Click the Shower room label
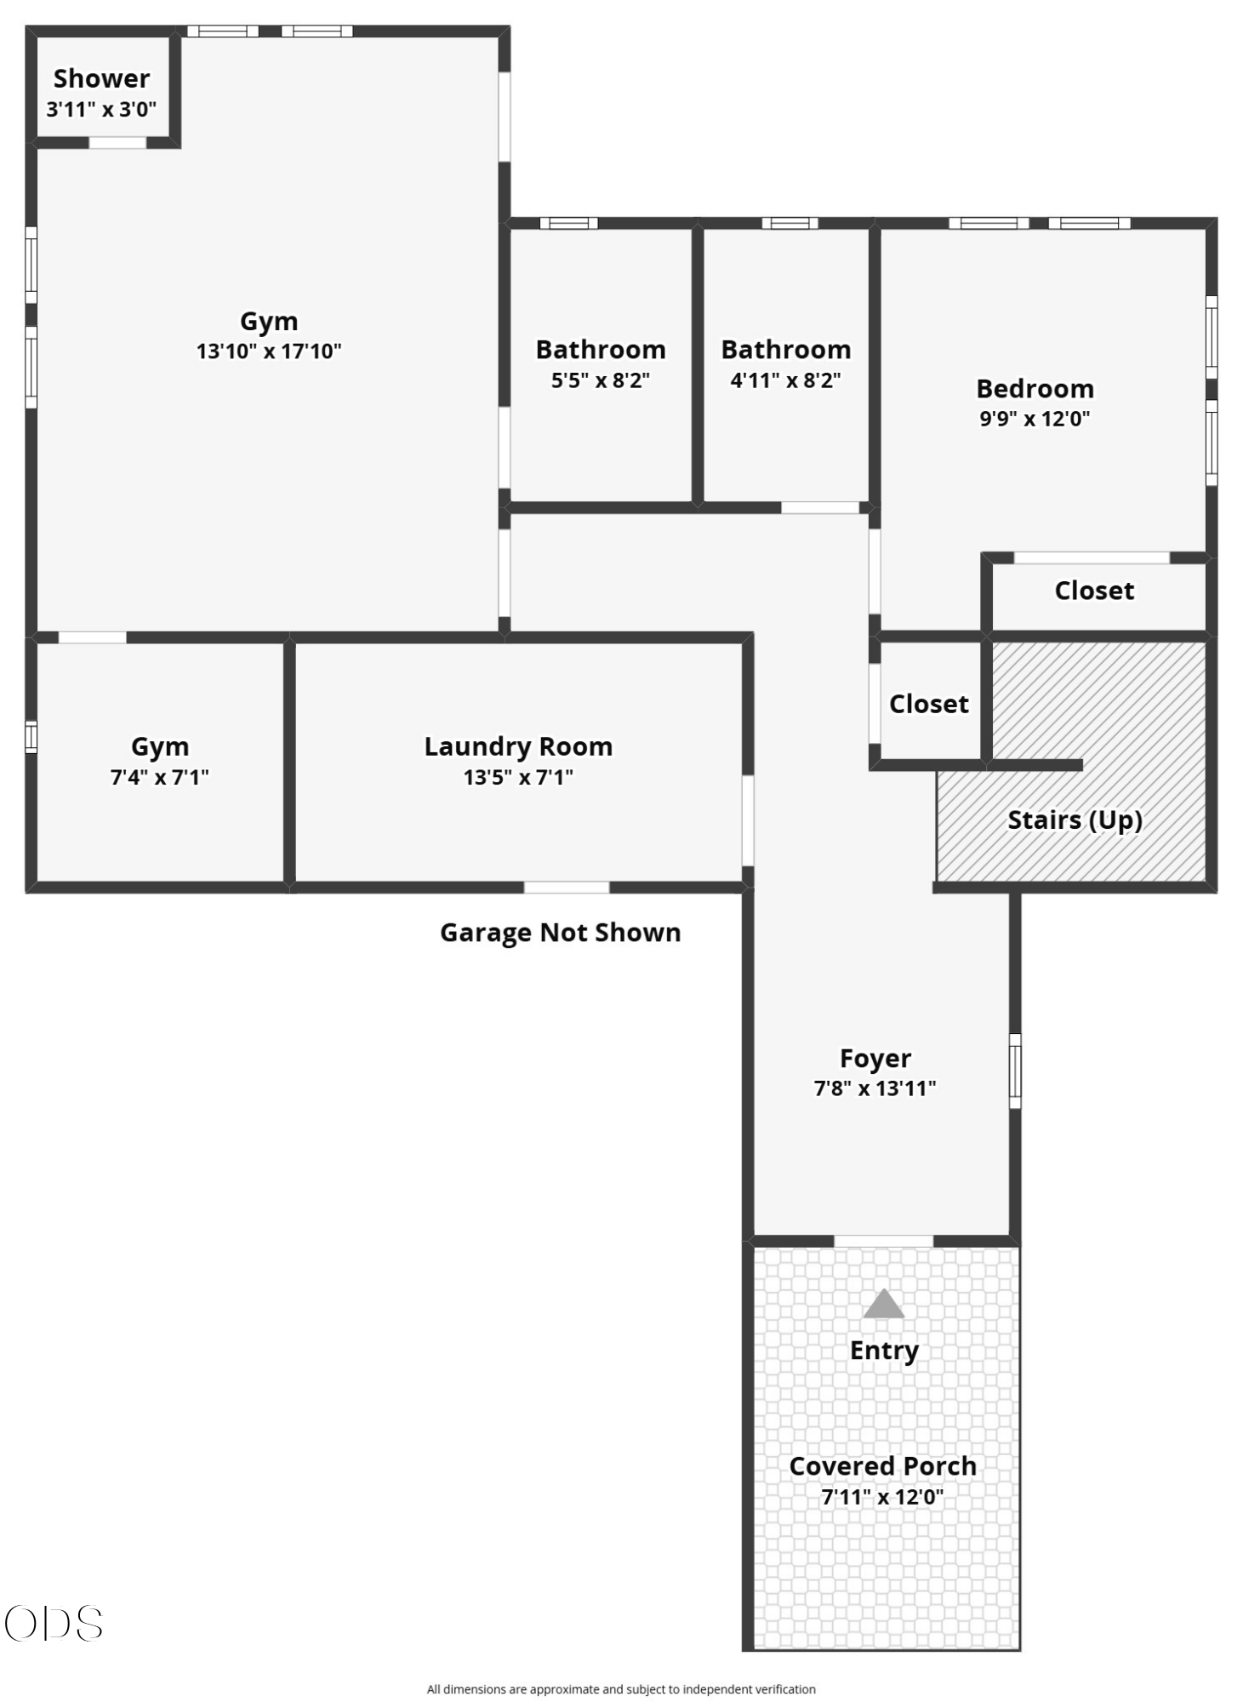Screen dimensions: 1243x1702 point(101,78)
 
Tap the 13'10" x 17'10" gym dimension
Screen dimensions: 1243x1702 point(269,351)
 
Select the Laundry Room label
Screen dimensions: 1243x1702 point(518,746)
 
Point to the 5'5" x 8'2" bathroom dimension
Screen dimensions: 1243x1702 point(601,380)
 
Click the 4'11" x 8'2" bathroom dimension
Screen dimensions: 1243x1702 point(785,380)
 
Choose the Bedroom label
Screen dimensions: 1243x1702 point(1035,388)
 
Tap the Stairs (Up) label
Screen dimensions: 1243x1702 point(1075,820)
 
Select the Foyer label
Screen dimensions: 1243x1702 point(875,1058)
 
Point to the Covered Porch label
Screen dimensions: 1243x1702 point(883,1465)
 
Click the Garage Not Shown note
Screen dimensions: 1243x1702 point(560,932)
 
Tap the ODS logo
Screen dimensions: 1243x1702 point(54,1623)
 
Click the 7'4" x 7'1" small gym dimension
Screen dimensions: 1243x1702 point(160,776)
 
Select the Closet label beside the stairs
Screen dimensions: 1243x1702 point(928,704)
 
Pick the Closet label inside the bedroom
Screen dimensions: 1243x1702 point(1094,591)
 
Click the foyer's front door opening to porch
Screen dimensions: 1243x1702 point(883,1241)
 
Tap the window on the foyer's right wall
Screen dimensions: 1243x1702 point(1014,1071)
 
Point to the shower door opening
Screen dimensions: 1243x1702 point(117,142)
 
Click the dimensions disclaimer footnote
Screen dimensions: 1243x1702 point(621,1689)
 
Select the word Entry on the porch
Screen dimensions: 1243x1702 point(884,1351)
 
